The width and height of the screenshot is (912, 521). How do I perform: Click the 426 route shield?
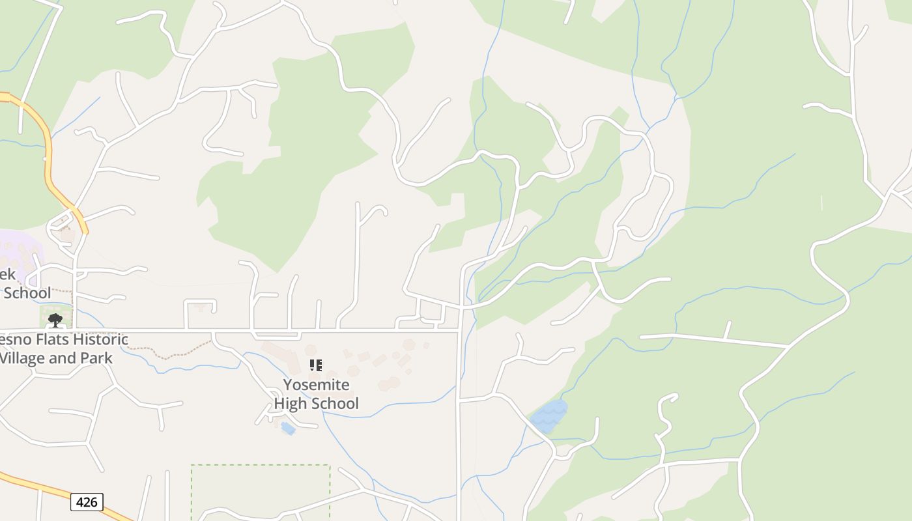click(x=87, y=502)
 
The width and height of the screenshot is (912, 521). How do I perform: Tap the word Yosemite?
click(x=316, y=385)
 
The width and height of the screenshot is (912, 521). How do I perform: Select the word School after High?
click(x=337, y=403)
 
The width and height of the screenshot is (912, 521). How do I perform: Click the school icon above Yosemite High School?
click(x=316, y=365)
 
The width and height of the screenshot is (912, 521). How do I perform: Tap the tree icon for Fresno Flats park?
click(x=55, y=320)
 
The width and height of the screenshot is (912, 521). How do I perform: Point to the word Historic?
click(x=100, y=339)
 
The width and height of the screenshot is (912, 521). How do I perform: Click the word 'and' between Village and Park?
click(x=64, y=358)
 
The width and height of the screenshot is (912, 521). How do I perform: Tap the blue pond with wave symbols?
click(x=549, y=416)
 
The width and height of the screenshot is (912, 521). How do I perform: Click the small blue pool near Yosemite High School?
click(x=288, y=428)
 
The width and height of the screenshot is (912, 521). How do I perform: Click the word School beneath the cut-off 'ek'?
click(x=27, y=293)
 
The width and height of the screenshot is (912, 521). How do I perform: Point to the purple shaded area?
click(x=20, y=251)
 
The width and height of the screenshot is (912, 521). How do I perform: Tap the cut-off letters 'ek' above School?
click(x=7, y=274)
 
